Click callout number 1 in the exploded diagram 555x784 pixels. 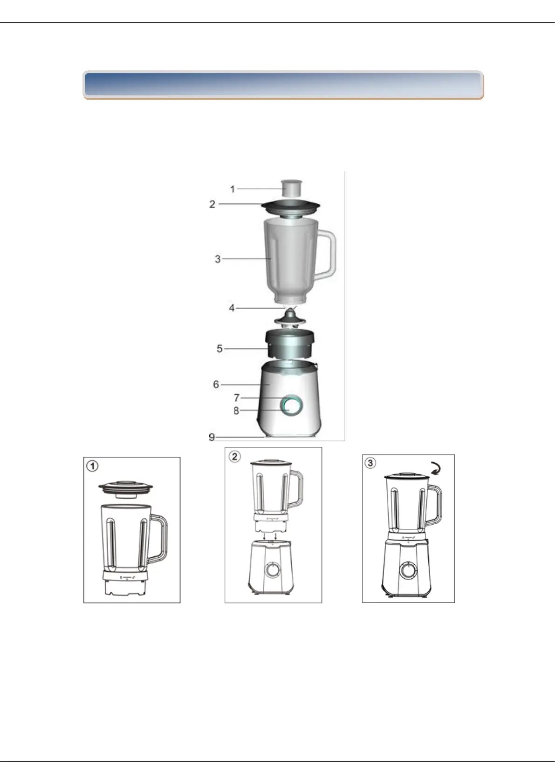coord(233,189)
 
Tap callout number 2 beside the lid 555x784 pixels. coord(212,204)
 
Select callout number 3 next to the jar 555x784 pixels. coord(218,259)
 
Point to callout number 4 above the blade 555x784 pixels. coord(232,308)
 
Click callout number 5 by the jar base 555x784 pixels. coord(219,349)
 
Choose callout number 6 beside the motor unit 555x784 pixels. coord(216,385)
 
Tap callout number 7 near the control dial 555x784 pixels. coord(237,398)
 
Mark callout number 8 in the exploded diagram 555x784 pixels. coord(237,411)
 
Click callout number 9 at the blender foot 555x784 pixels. coord(212,437)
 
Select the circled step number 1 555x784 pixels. coord(92,466)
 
